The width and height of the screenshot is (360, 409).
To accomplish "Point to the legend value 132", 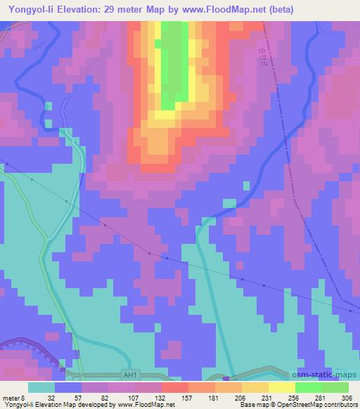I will [161, 398].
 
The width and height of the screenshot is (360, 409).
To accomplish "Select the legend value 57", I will [80, 398].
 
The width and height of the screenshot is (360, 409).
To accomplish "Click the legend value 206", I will [240, 398].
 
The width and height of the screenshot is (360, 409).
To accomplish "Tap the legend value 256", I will [294, 398].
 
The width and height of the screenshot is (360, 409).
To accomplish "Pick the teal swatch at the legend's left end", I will [41, 387].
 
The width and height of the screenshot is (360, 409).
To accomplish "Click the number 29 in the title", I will [110, 9].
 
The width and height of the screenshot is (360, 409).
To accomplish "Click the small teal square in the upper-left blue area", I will [48, 106].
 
